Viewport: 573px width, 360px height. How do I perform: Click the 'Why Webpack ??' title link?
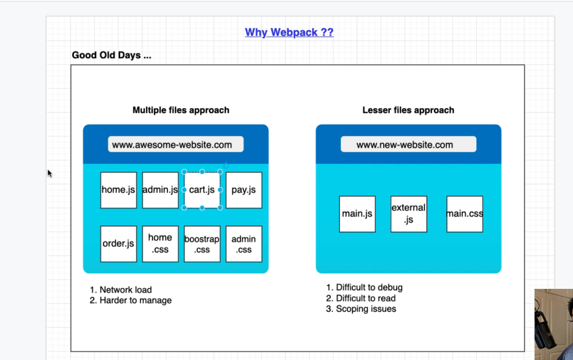click(x=289, y=32)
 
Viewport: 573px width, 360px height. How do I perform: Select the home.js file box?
click(x=119, y=190)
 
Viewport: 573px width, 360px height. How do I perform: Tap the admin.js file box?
click(x=160, y=190)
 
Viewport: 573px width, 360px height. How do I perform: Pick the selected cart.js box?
click(x=202, y=190)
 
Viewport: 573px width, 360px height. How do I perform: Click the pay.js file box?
click(x=244, y=190)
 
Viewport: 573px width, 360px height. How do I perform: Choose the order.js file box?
click(x=119, y=244)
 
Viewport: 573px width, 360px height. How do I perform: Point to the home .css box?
click(x=160, y=244)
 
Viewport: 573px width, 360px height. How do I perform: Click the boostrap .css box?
click(x=202, y=244)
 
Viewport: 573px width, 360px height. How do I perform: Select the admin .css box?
click(x=244, y=244)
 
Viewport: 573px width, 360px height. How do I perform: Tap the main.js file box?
click(x=357, y=214)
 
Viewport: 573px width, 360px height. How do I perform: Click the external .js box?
click(x=408, y=214)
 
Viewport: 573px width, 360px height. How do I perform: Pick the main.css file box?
click(x=464, y=214)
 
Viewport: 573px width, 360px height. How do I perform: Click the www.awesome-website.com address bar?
click(x=176, y=144)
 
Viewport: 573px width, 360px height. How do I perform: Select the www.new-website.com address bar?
click(x=408, y=144)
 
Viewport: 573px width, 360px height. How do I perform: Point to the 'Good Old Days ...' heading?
click(x=112, y=55)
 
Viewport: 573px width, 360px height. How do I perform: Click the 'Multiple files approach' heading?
click(x=181, y=110)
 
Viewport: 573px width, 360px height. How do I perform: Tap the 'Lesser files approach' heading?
click(x=408, y=110)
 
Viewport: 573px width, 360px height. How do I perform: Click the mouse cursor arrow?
click(x=50, y=173)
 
